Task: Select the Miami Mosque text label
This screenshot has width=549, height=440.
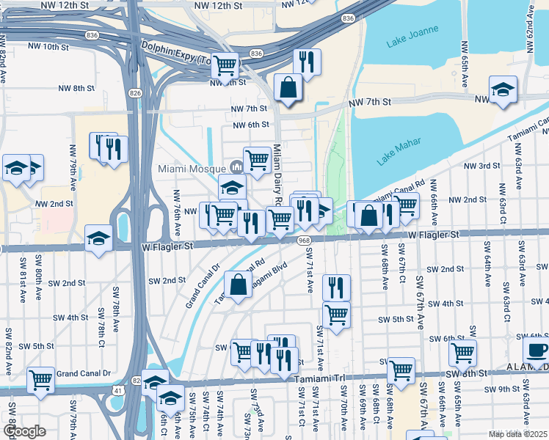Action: coord(191,168)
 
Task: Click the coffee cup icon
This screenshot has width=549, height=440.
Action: coord(536,350)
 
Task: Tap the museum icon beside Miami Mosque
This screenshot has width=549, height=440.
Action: coord(236,166)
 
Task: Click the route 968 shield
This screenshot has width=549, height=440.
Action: coord(304,241)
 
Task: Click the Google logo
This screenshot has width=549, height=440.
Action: coord(24,431)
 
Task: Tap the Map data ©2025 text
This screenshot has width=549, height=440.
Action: coord(517,434)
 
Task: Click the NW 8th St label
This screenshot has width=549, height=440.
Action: coord(77,88)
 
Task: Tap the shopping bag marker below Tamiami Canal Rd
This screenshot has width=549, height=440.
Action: coord(239,285)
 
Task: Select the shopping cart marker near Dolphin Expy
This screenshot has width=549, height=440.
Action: coord(225,65)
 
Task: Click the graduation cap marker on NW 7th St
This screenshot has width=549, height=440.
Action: coord(503,90)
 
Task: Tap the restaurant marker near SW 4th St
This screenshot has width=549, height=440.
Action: coord(336,287)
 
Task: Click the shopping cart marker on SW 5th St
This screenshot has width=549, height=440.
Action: coord(336,315)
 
